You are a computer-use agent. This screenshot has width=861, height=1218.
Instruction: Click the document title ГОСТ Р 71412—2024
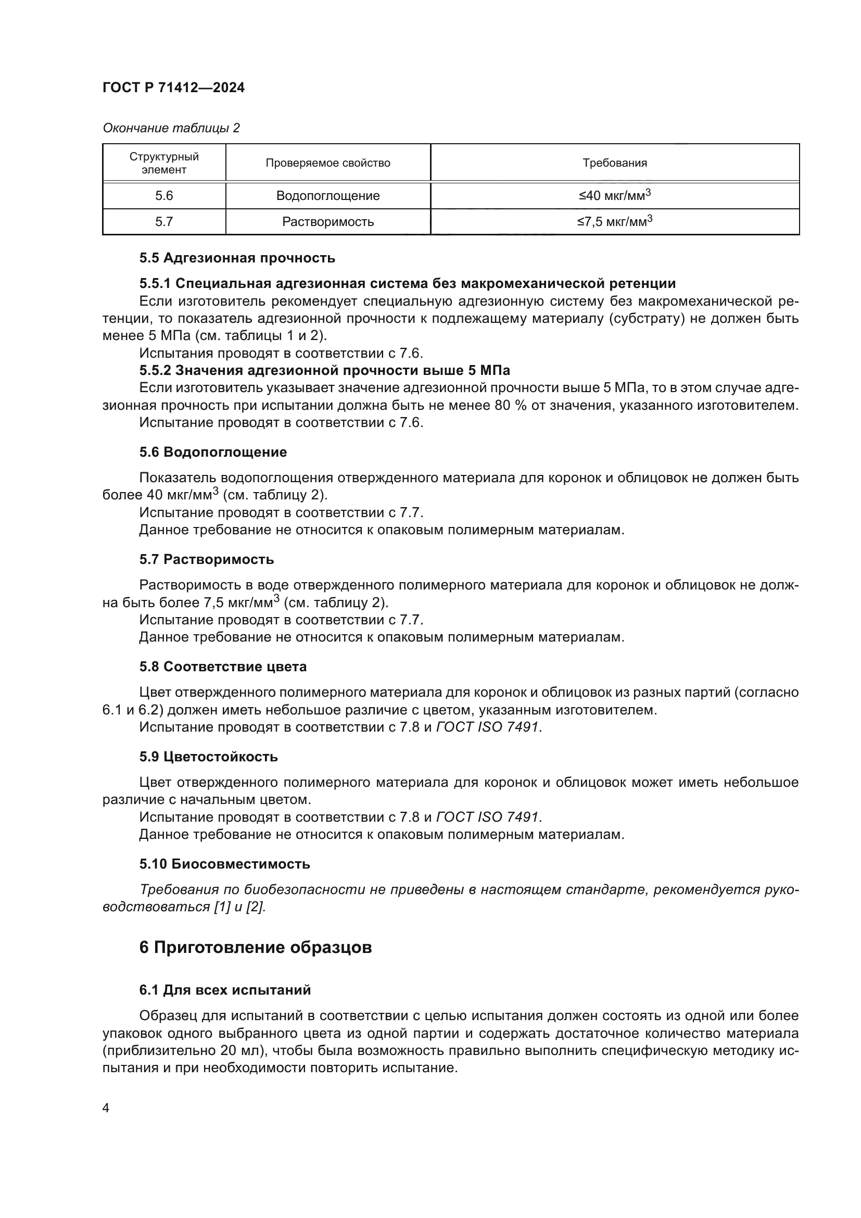click(x=173, y=88)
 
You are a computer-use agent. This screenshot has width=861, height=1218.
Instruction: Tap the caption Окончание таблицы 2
click(x=171, y=128)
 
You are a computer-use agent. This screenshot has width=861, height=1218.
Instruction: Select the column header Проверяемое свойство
click(x=327, y=164)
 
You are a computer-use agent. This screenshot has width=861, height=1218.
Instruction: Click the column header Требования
click(x=614, y=164)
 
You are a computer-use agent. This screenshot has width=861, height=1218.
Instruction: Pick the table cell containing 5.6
click(x=164, y=196)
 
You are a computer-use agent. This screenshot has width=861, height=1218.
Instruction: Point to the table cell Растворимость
click(x=327, y=222)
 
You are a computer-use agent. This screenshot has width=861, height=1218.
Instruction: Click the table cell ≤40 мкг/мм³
click(x=614, y=196)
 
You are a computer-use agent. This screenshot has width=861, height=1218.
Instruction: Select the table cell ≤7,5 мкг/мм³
click(x=614, y=221)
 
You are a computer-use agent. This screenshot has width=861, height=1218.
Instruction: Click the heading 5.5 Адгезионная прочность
click(x=237, y=258)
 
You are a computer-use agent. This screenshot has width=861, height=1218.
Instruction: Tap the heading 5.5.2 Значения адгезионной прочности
click(x=324, y=370)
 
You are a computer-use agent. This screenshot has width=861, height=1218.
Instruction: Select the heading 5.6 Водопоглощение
click(x=212, y=452)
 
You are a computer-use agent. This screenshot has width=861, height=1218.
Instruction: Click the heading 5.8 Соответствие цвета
click(x=223, y=667)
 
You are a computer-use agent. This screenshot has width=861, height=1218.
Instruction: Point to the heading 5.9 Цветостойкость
click(x=208, y=757)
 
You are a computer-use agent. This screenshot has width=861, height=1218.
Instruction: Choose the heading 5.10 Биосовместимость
click(x=225, y=864)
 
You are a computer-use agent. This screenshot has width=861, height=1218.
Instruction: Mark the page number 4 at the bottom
click(x=106, y=1109)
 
